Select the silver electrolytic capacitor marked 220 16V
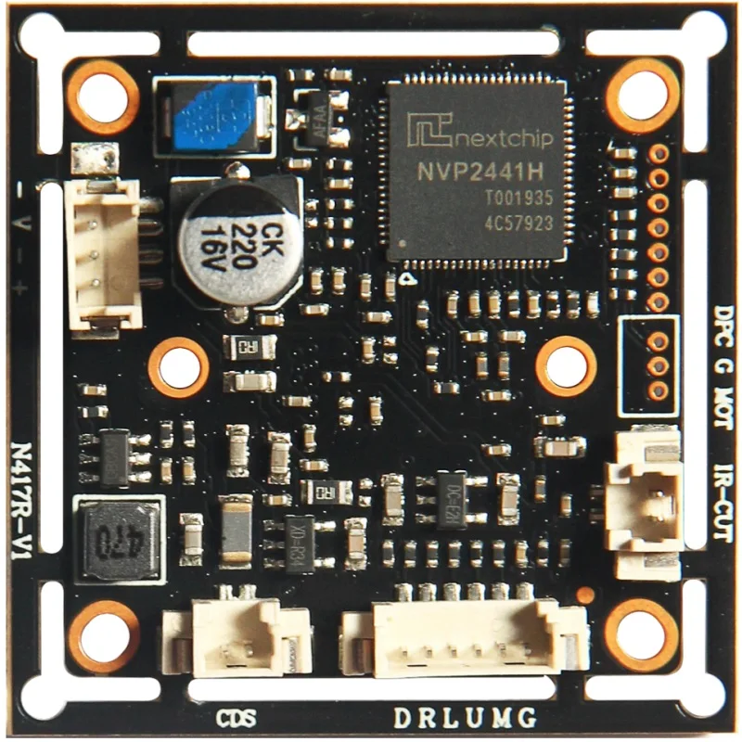click(x=239, y=241)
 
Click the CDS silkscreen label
click(x=236, y=718)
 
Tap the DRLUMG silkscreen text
click(x=464, y=718)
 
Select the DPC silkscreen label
click(x=723, y=326)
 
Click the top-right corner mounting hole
click(x=643, y=94)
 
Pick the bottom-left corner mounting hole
click(x=104, y=635)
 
